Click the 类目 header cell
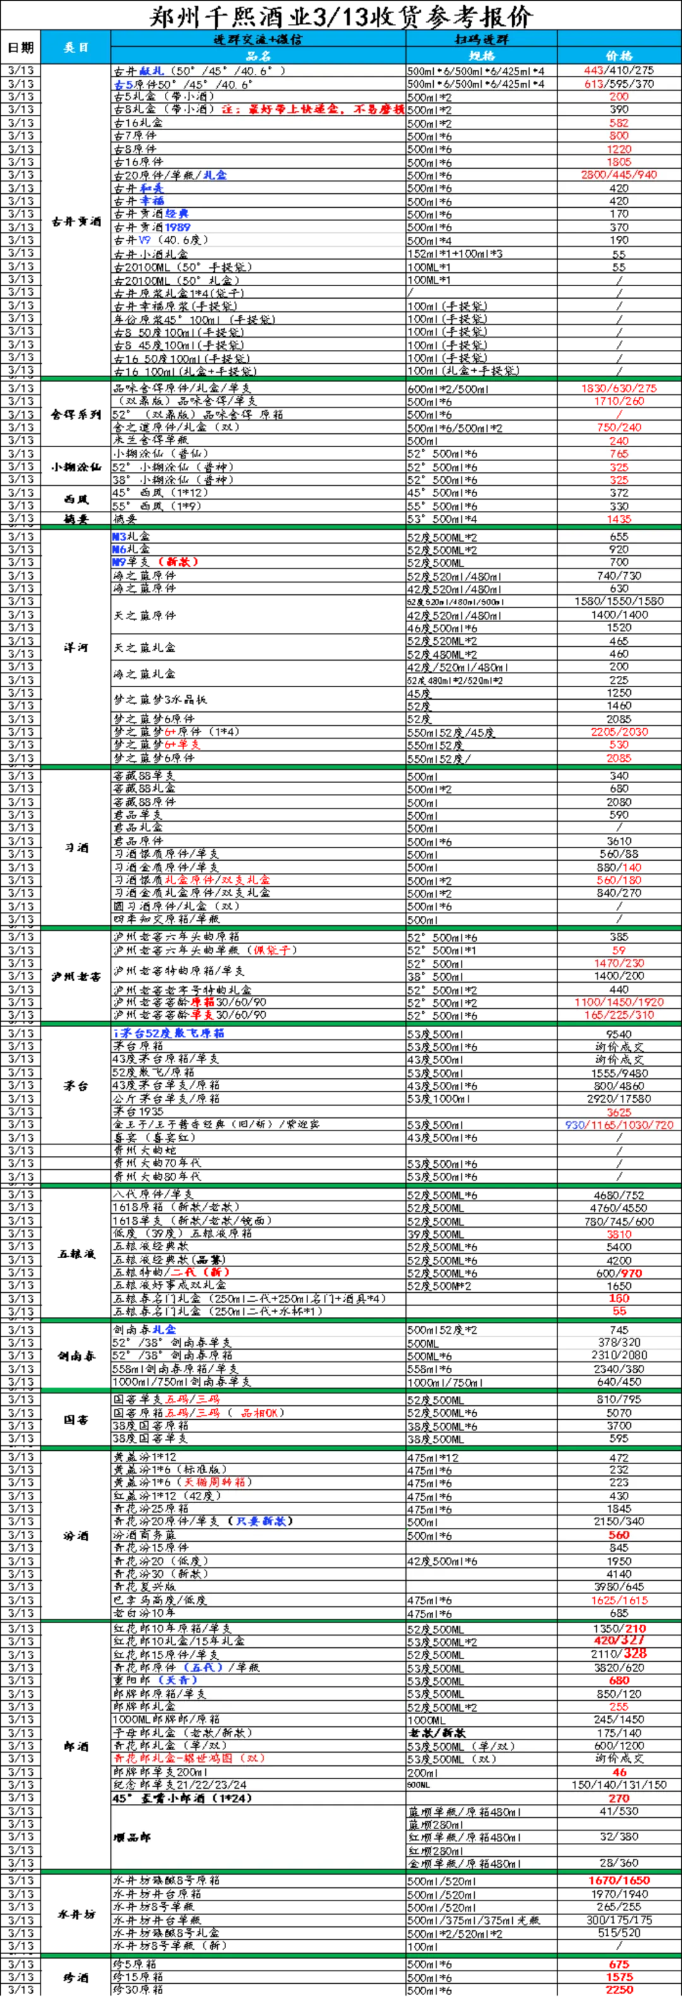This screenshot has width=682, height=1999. [x=75, y=47]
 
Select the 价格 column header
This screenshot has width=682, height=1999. [x=618, y=56]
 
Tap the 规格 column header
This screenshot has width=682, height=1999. [x=481, y=56]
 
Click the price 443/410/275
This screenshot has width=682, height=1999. [x=618, y=70]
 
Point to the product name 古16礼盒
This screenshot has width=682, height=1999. [x=139, y=123]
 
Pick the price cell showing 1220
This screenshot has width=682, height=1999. [x=618, y=149]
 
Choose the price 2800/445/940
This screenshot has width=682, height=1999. [x=618, y=174]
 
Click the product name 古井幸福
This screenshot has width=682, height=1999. [x=139, y=201]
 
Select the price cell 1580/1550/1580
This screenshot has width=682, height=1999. [x=618, y=601]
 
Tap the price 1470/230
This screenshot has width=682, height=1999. [x=618, y=963]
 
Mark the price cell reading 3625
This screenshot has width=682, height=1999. [x=618, y=1112]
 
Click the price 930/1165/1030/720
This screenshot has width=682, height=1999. [x=618, y=1124]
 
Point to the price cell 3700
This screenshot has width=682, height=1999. [x=618, y=1426]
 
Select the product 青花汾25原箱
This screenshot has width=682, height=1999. [x=152, y=1508]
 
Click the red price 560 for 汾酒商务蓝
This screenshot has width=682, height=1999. [x=618, y=1535]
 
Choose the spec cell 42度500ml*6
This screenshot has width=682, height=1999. [x=442, y=1561]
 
